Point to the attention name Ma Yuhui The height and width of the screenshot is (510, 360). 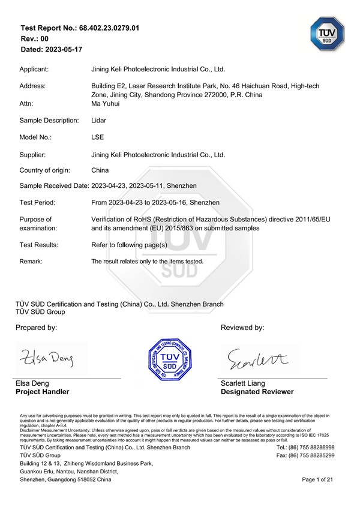106,104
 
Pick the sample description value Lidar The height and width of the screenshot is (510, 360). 99,121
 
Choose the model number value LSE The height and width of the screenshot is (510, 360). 98,137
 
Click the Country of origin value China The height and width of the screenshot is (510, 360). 100,170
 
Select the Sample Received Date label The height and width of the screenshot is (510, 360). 54,186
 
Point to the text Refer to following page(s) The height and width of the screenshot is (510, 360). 129,245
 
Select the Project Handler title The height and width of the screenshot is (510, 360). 42,392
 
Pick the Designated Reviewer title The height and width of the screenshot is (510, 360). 257,392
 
